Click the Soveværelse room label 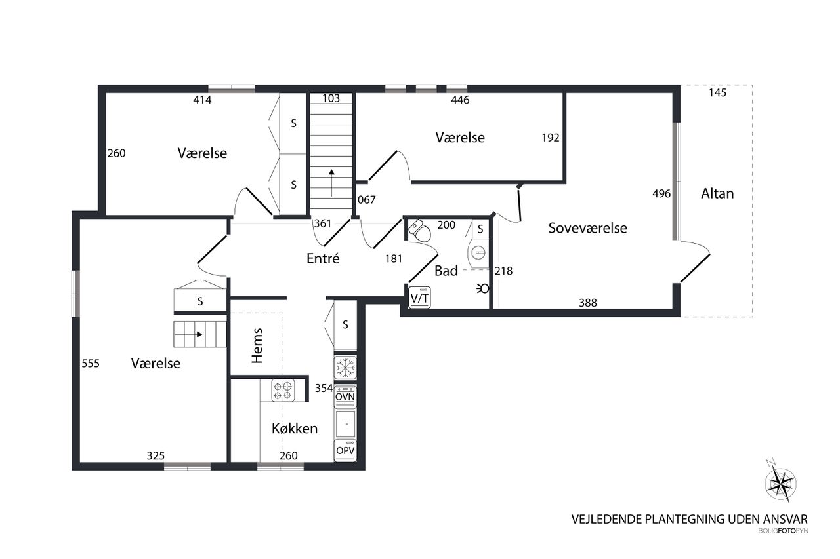(x=587, y=228)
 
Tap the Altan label (x=717, y=193)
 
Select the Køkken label (x=295, y=429)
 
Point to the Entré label (x=323, y=258)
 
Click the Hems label (x=257, y=345)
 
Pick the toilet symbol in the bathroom (x=419, y=230)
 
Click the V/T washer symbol (x=419, y=298)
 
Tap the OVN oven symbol (x=345, y=397)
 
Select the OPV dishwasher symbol (x=345, y=450)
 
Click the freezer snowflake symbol (x=345, y=368)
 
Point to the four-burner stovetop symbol (x=283, y=391)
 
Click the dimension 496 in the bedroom (x=661, y=193)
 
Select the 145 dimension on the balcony (x=717, y=92)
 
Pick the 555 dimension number (x=91, y=364)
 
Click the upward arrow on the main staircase (x=331, y=183)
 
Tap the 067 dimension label (x=366, y=200)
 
